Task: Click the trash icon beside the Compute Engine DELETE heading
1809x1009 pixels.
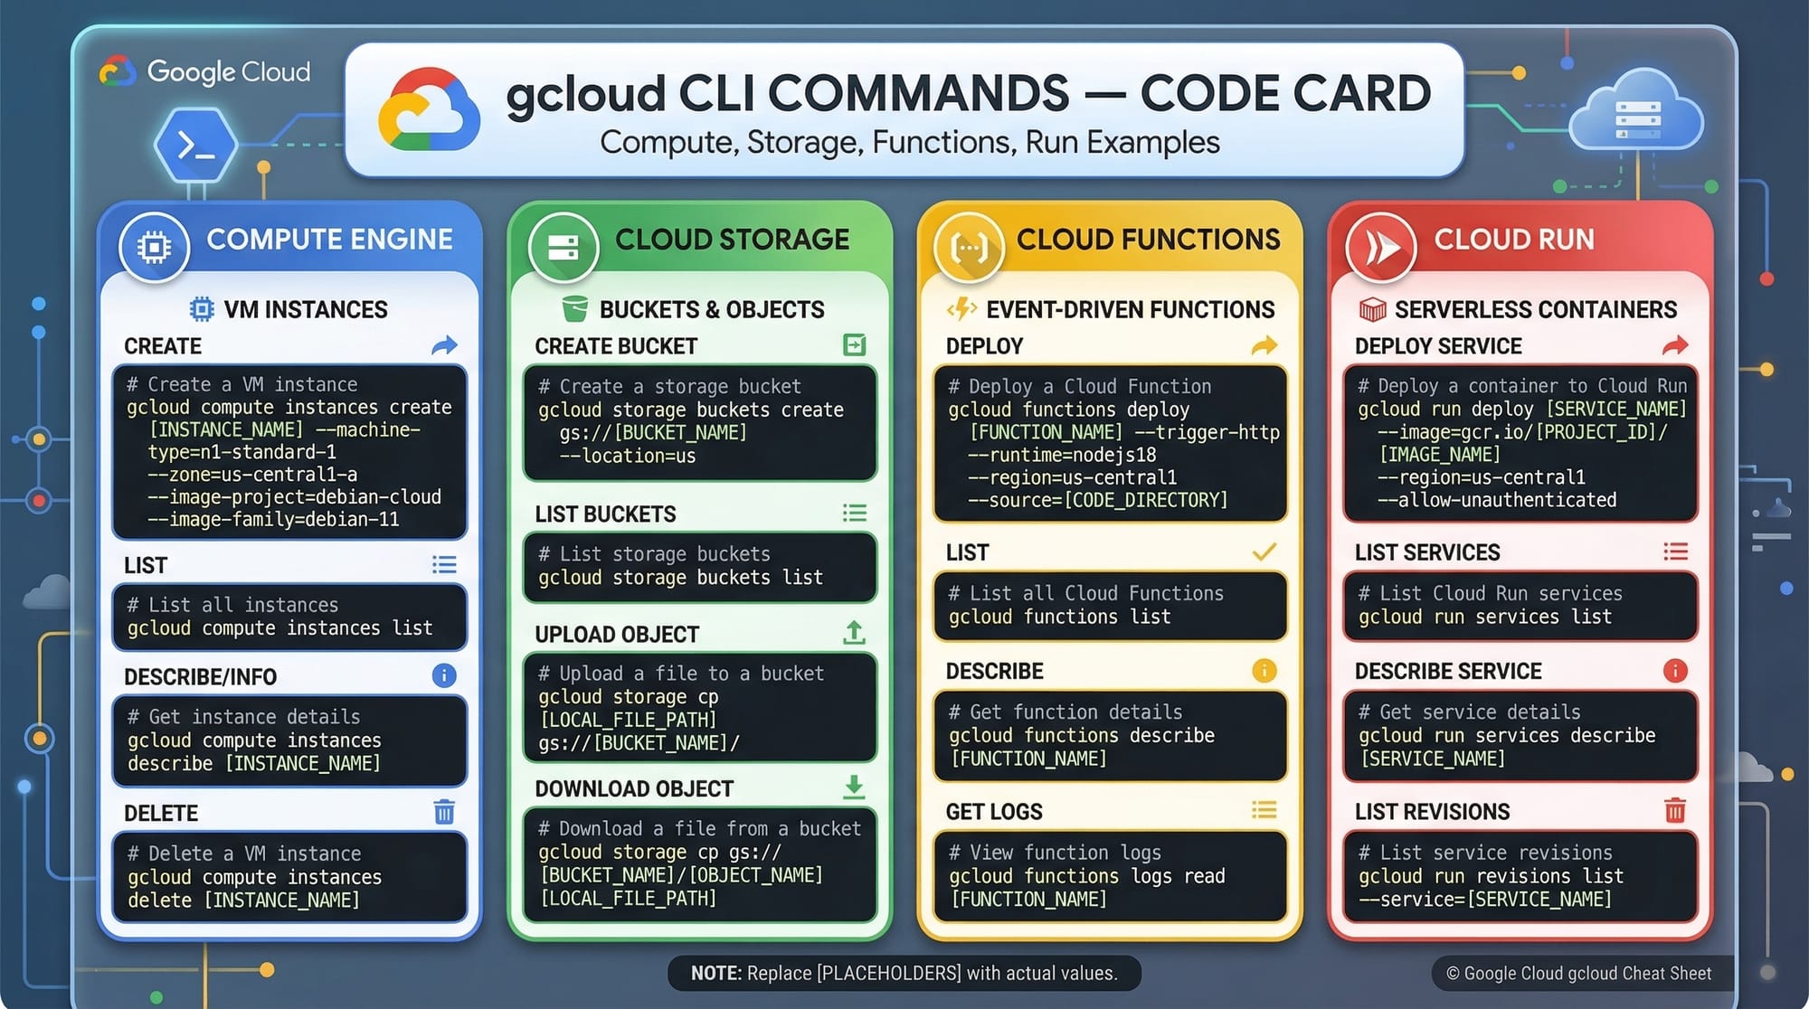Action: click(x=444, y=812)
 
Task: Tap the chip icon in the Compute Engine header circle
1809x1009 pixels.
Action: click(x=154, y=247)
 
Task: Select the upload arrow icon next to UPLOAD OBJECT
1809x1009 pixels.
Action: click(x=854, y=633)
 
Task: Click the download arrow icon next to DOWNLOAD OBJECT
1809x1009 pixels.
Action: click(x=854, y=787)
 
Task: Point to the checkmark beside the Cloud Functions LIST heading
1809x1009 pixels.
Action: click(x=1264, y=552)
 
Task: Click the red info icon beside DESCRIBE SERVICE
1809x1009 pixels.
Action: click(x=1674, y=670)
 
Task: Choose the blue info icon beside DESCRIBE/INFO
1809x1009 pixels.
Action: click(x=444, y=675)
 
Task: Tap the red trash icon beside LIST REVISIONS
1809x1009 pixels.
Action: click(x=1674, y=810)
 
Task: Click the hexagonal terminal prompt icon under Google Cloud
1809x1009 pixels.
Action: click(x=195, y=145)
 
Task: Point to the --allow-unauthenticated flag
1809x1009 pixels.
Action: click(x=1497, y=500)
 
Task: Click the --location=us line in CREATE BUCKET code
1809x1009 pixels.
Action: click(x=628, y=456)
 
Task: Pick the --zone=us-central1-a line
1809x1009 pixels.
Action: click(x=252, y=475)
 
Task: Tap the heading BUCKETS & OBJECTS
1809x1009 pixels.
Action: click(x=711, y=310)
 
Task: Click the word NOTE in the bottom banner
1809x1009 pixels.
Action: click(x=715, y=973)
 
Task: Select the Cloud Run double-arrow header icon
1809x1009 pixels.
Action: click(x=1381, y=247)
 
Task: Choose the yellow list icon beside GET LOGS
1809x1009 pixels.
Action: click(x=1264, y=810)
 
